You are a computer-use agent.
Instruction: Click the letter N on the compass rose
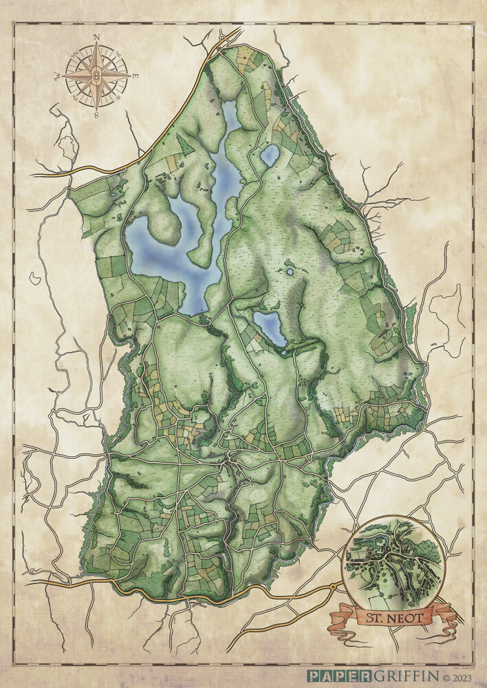[96, 38]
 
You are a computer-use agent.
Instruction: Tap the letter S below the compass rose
[97, 115]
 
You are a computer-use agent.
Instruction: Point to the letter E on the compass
[136, 76]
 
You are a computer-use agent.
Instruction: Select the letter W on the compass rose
[58, 76]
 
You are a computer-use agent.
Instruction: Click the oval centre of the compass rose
[97, 74]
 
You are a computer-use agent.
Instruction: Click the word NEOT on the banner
[407, 616]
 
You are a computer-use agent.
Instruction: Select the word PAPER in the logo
[331, 676]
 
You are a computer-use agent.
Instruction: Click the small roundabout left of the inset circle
[334, 587]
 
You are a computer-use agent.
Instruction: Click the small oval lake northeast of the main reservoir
[270, 155]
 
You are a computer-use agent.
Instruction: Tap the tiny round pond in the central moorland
[290, 271]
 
